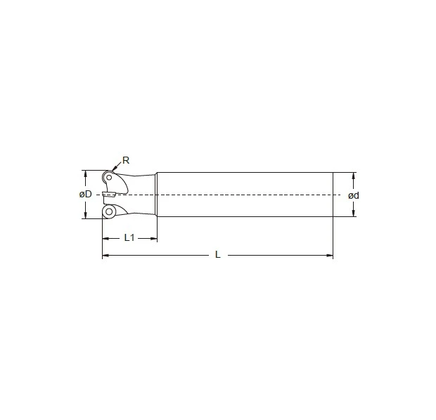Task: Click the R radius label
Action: [x=126, y=160]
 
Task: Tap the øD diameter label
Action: [x=86, y=194]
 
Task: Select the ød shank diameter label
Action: [x=353, y=195]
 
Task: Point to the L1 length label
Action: [x=129, y=237]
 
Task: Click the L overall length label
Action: [x=218, y=255]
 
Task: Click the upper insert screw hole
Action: [x=108, y=177]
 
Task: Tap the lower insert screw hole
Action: [x=109, y=211]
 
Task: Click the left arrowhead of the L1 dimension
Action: [x=105, y=238]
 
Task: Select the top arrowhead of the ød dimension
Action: [x=354, y=175]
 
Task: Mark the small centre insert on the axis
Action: [x=108, y=195]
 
